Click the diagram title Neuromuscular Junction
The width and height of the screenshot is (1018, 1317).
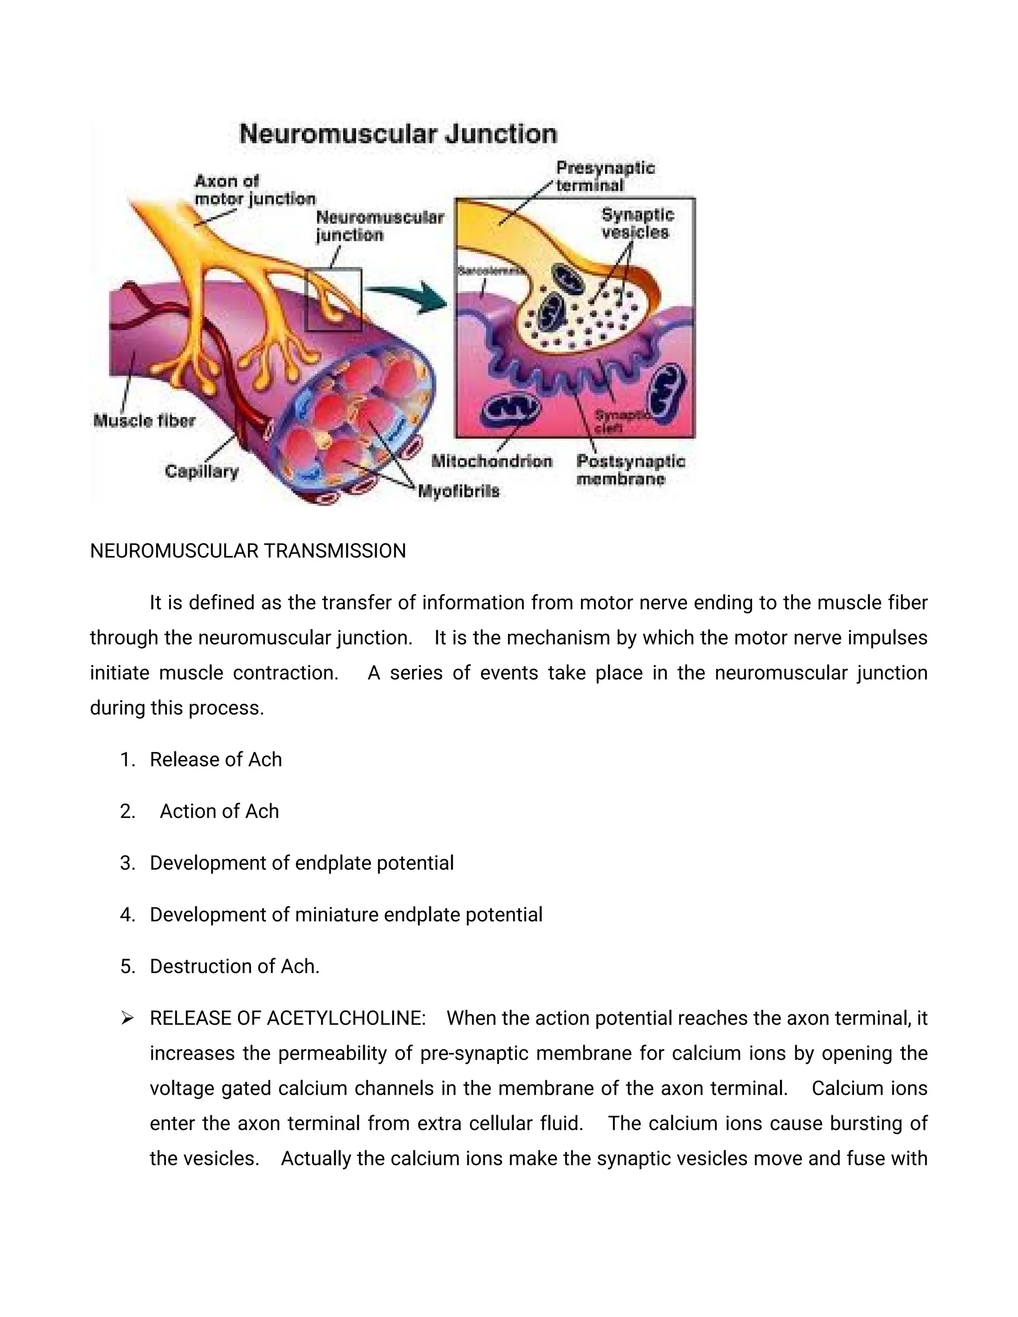pos(398,134)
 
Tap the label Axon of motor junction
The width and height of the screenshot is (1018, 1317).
pos(254,190)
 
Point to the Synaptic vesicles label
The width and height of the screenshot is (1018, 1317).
pos(637,224)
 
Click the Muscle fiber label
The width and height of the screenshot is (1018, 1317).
pos(144,420)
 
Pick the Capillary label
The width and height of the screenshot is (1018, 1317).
pos(201,471)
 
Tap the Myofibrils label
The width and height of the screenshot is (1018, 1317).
pos(459,492)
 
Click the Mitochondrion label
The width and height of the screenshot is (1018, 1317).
pos(492,461)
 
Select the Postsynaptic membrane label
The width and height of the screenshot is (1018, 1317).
pos(630,470)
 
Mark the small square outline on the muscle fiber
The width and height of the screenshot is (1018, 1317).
pos(334,300)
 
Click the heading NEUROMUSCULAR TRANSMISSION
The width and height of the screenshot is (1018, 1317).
pos(248,551)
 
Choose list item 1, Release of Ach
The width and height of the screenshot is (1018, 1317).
pos(215,760)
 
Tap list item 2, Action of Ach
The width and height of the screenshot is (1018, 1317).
pos(219,812)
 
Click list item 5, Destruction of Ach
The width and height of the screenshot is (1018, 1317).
pos(235,967)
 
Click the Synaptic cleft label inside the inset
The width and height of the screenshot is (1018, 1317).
pos(618,421)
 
